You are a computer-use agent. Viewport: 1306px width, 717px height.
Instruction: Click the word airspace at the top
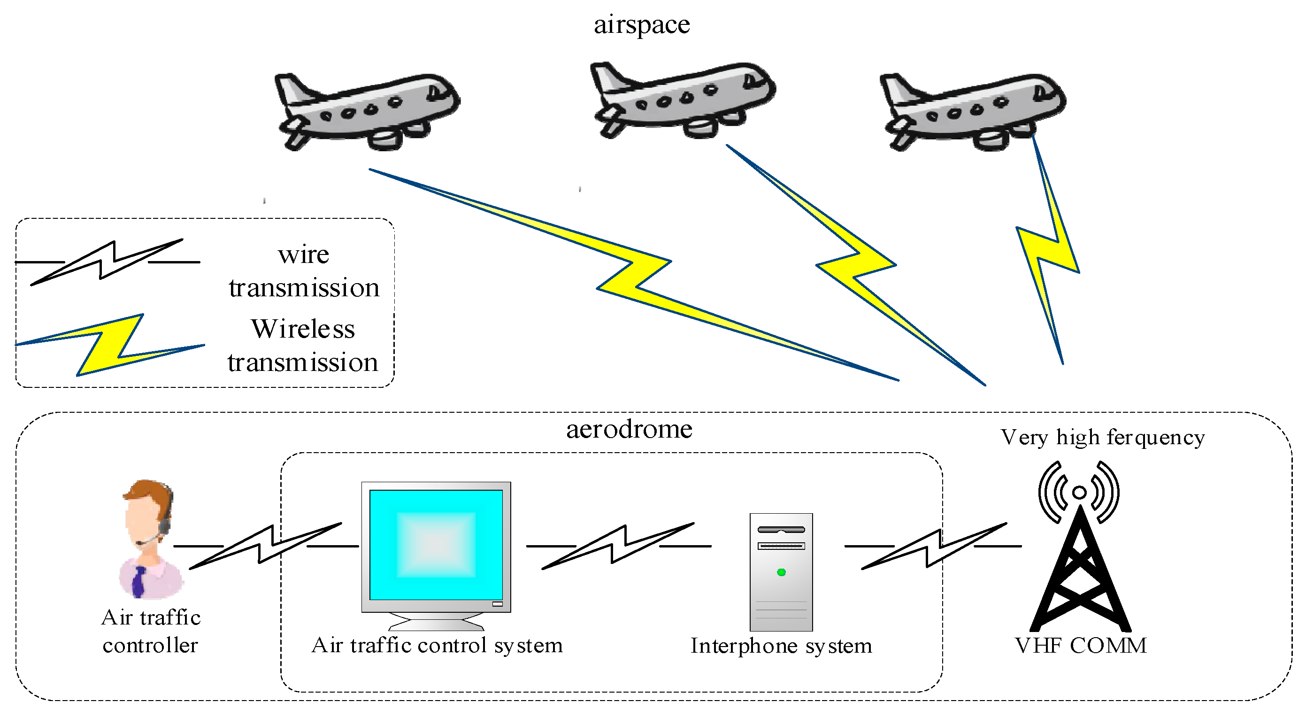(x=641, y=25)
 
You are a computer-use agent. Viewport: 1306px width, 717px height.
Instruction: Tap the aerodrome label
(x=629, y=430)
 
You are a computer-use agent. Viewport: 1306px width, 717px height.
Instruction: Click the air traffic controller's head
(x=147, y=512)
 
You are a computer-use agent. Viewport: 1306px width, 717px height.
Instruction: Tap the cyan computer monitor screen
(x=436, y=545)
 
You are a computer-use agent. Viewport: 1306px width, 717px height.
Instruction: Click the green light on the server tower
(x=781, y=572)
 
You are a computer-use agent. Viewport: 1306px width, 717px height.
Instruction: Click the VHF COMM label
(x=1080, y=646)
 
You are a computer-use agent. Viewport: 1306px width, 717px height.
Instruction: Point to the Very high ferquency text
(x=1102, y=437)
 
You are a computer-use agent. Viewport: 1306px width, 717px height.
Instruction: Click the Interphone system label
(x=781, y=646)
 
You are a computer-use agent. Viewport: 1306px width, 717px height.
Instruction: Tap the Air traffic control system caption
(x=437, y=645)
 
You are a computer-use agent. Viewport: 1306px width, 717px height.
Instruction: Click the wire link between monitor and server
(x=619, y=546)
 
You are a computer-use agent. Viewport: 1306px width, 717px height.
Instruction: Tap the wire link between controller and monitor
(x=266, y=546)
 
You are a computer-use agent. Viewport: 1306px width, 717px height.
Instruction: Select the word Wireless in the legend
(x=303, y=329)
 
